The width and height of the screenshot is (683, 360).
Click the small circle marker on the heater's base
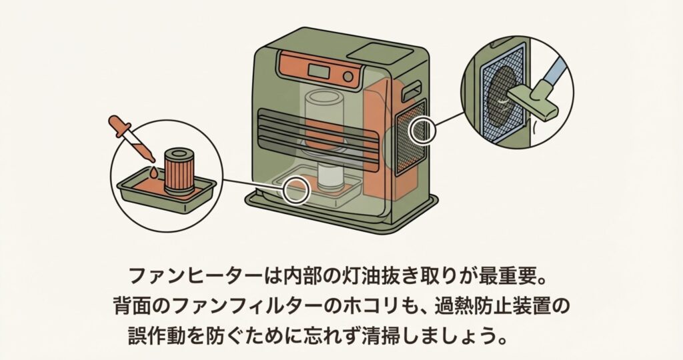coord(295,191)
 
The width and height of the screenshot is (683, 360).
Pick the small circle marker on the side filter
coord(422,131)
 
